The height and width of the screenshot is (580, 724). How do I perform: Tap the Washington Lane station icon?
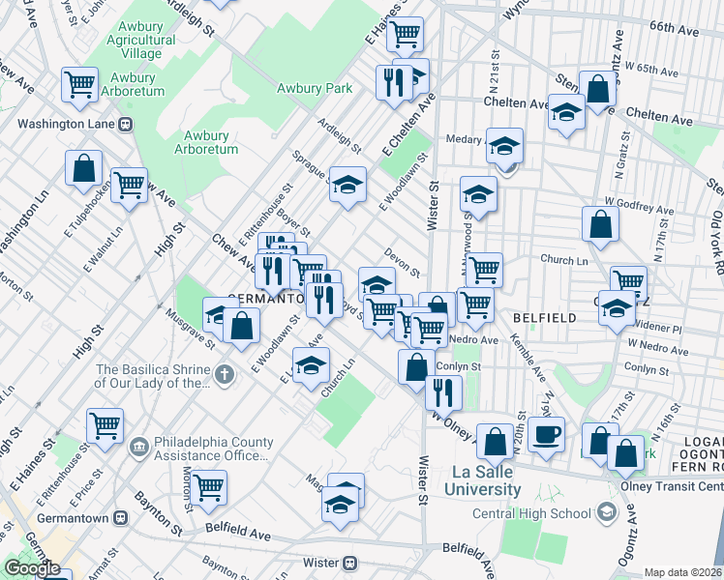[x=125, y=124]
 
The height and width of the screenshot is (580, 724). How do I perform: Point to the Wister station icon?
[x=351, y=563]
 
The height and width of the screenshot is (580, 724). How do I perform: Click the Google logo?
[x=32, y=569]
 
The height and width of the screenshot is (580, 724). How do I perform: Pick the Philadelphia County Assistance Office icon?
[x=140, y=447]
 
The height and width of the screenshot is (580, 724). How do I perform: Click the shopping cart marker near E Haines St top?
[x=407, y=33]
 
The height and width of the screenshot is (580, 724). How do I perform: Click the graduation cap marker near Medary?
[x=503, y=145]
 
